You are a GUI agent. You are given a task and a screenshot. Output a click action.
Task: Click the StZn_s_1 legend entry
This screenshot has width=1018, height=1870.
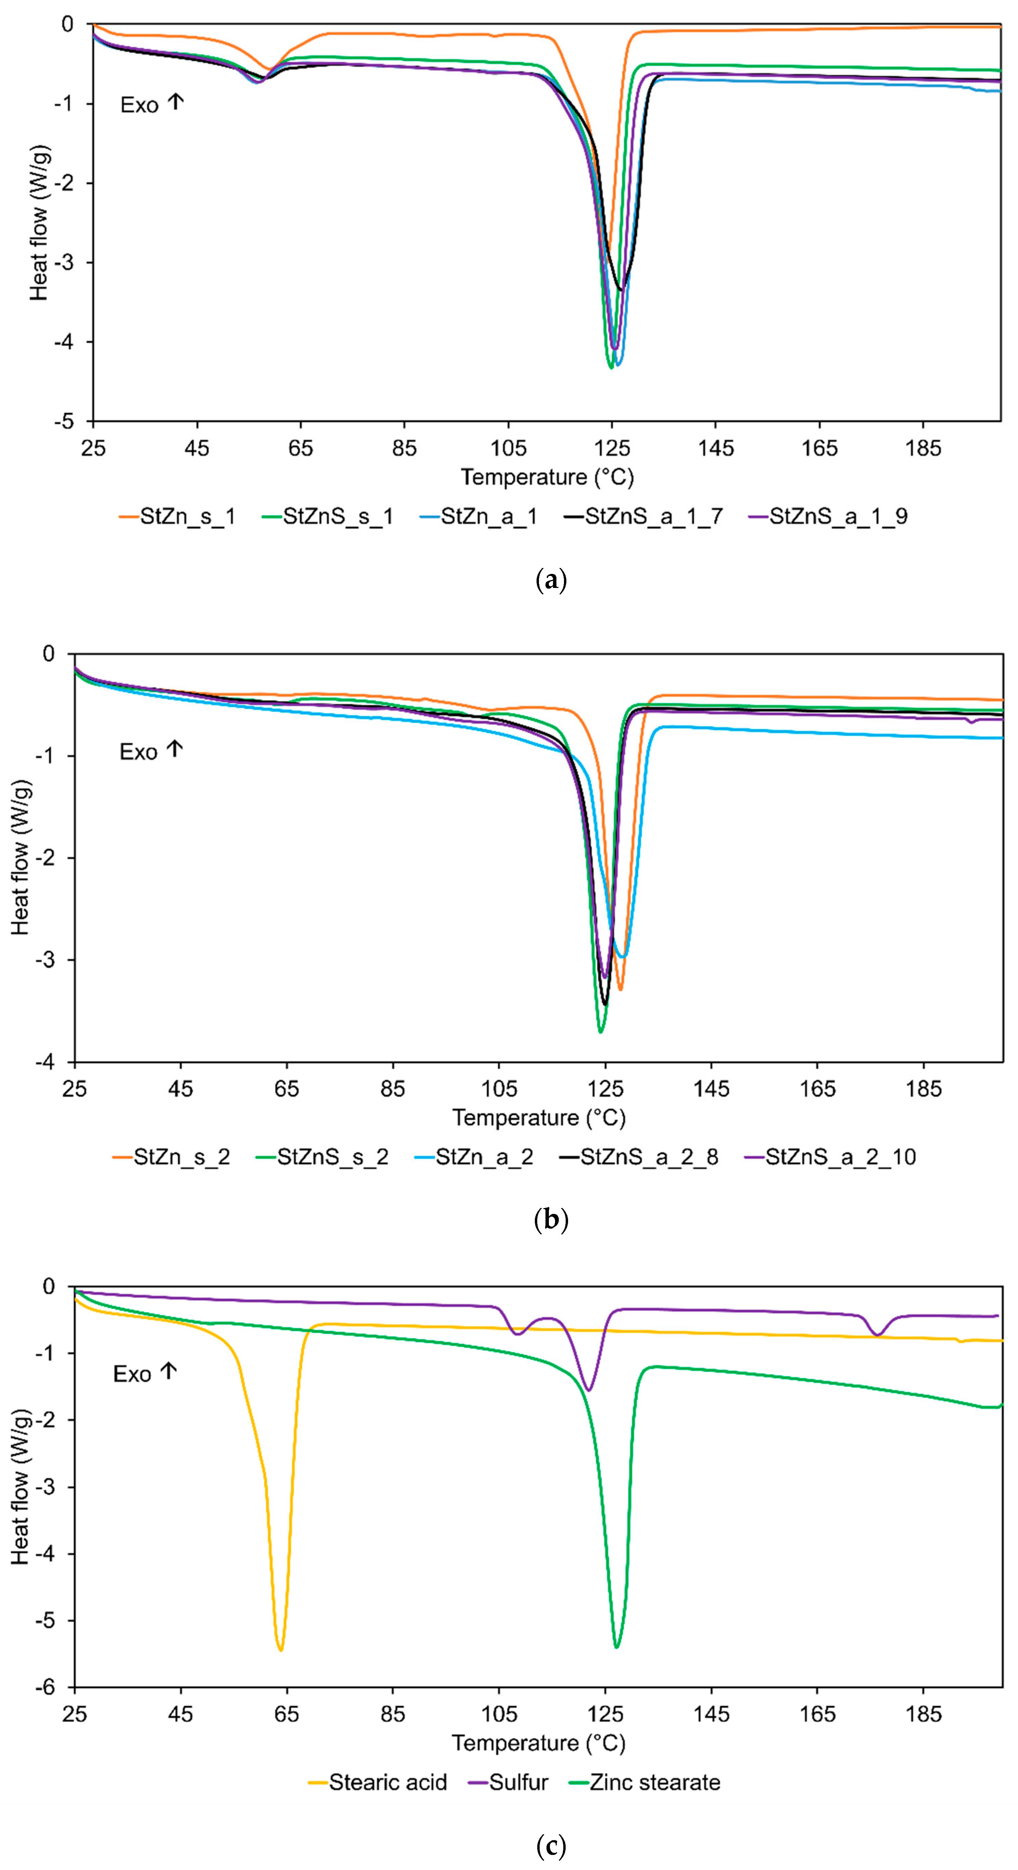[178, 517]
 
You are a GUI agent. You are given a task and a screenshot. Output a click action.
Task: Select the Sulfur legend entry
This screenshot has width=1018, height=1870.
[508, 1782]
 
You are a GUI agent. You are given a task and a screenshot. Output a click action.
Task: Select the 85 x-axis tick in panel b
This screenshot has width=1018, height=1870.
[393, 1089]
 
